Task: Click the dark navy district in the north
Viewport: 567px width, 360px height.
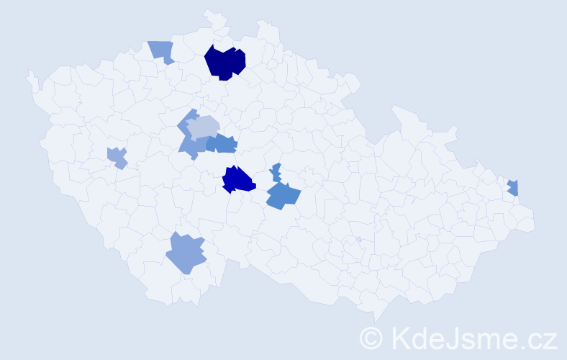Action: point(224,62)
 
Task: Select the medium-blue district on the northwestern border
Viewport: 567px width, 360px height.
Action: point(162,51)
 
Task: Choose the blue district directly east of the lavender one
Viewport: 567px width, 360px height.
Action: point(222,144)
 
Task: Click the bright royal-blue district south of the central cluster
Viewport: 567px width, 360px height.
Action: point(237,179)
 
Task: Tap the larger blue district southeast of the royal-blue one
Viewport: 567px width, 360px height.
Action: point(282,196)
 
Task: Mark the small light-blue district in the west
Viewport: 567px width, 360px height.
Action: point(117,156)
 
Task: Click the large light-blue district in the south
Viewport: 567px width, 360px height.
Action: point(185,253)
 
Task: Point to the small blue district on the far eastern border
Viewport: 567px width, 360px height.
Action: point(513,187)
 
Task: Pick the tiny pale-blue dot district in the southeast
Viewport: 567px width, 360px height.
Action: point(358,239)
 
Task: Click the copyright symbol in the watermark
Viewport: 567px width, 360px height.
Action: point(371,338)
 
